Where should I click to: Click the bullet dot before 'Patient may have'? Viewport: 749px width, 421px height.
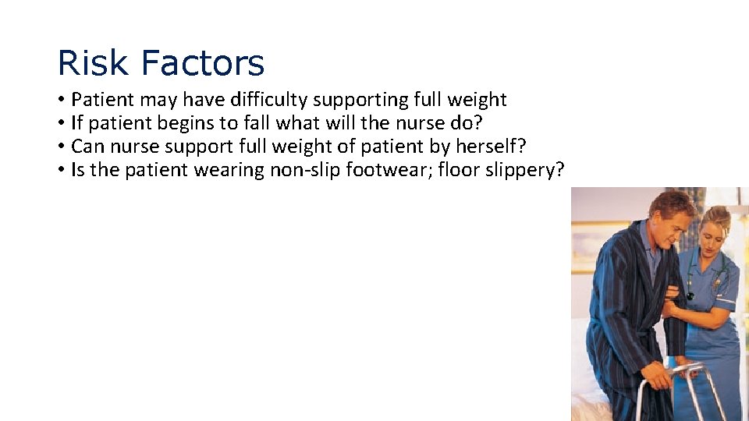pos(61,101)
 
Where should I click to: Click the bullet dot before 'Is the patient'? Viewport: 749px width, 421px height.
pos(61,171)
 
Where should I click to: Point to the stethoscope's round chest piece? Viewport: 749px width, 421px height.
pos(690,295)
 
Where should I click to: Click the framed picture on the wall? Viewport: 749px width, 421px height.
pos(586,246)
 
